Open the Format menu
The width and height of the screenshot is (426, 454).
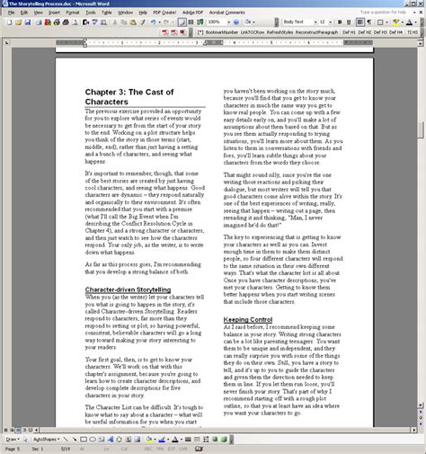coord(72,13)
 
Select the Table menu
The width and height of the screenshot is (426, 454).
coord(107,13)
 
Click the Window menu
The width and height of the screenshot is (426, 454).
coord(125,13)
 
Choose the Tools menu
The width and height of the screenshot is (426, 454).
coord(91,13)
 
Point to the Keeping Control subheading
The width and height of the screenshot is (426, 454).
coord(248,319)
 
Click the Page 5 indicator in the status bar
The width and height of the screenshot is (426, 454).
coord(12,449)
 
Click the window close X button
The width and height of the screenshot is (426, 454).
coord(421,4)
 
